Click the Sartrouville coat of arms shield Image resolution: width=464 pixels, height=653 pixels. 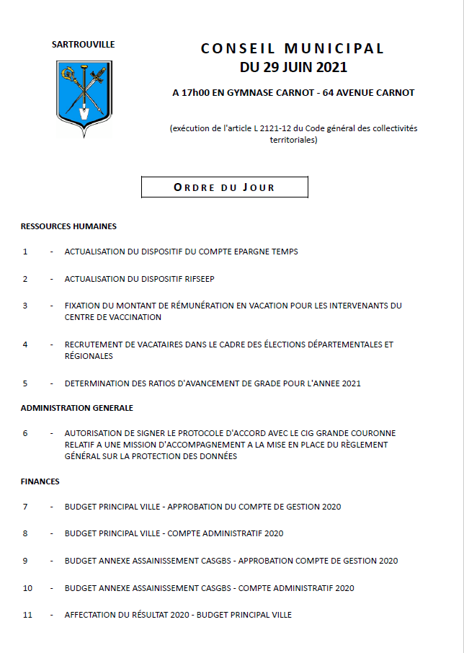83,97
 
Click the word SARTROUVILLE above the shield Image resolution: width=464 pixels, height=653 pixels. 83,45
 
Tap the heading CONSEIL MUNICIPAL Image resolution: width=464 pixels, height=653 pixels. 293,49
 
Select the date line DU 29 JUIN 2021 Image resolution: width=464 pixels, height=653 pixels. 293,68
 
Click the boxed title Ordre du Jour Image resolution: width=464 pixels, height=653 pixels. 224,187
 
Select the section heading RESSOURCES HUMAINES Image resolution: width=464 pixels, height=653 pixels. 68,226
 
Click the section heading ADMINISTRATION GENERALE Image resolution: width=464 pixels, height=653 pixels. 76,408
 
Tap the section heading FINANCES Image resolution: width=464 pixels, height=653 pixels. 40,481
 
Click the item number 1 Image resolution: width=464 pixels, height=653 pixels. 25,252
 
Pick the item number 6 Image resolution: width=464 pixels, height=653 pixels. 25,433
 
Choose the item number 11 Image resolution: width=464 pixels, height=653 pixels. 27,615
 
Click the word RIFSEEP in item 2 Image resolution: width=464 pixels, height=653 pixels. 198,279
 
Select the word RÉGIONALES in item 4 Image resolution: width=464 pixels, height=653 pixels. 89,356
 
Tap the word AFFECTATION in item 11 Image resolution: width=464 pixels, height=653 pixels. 89,615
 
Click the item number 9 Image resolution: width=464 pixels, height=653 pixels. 25,561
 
